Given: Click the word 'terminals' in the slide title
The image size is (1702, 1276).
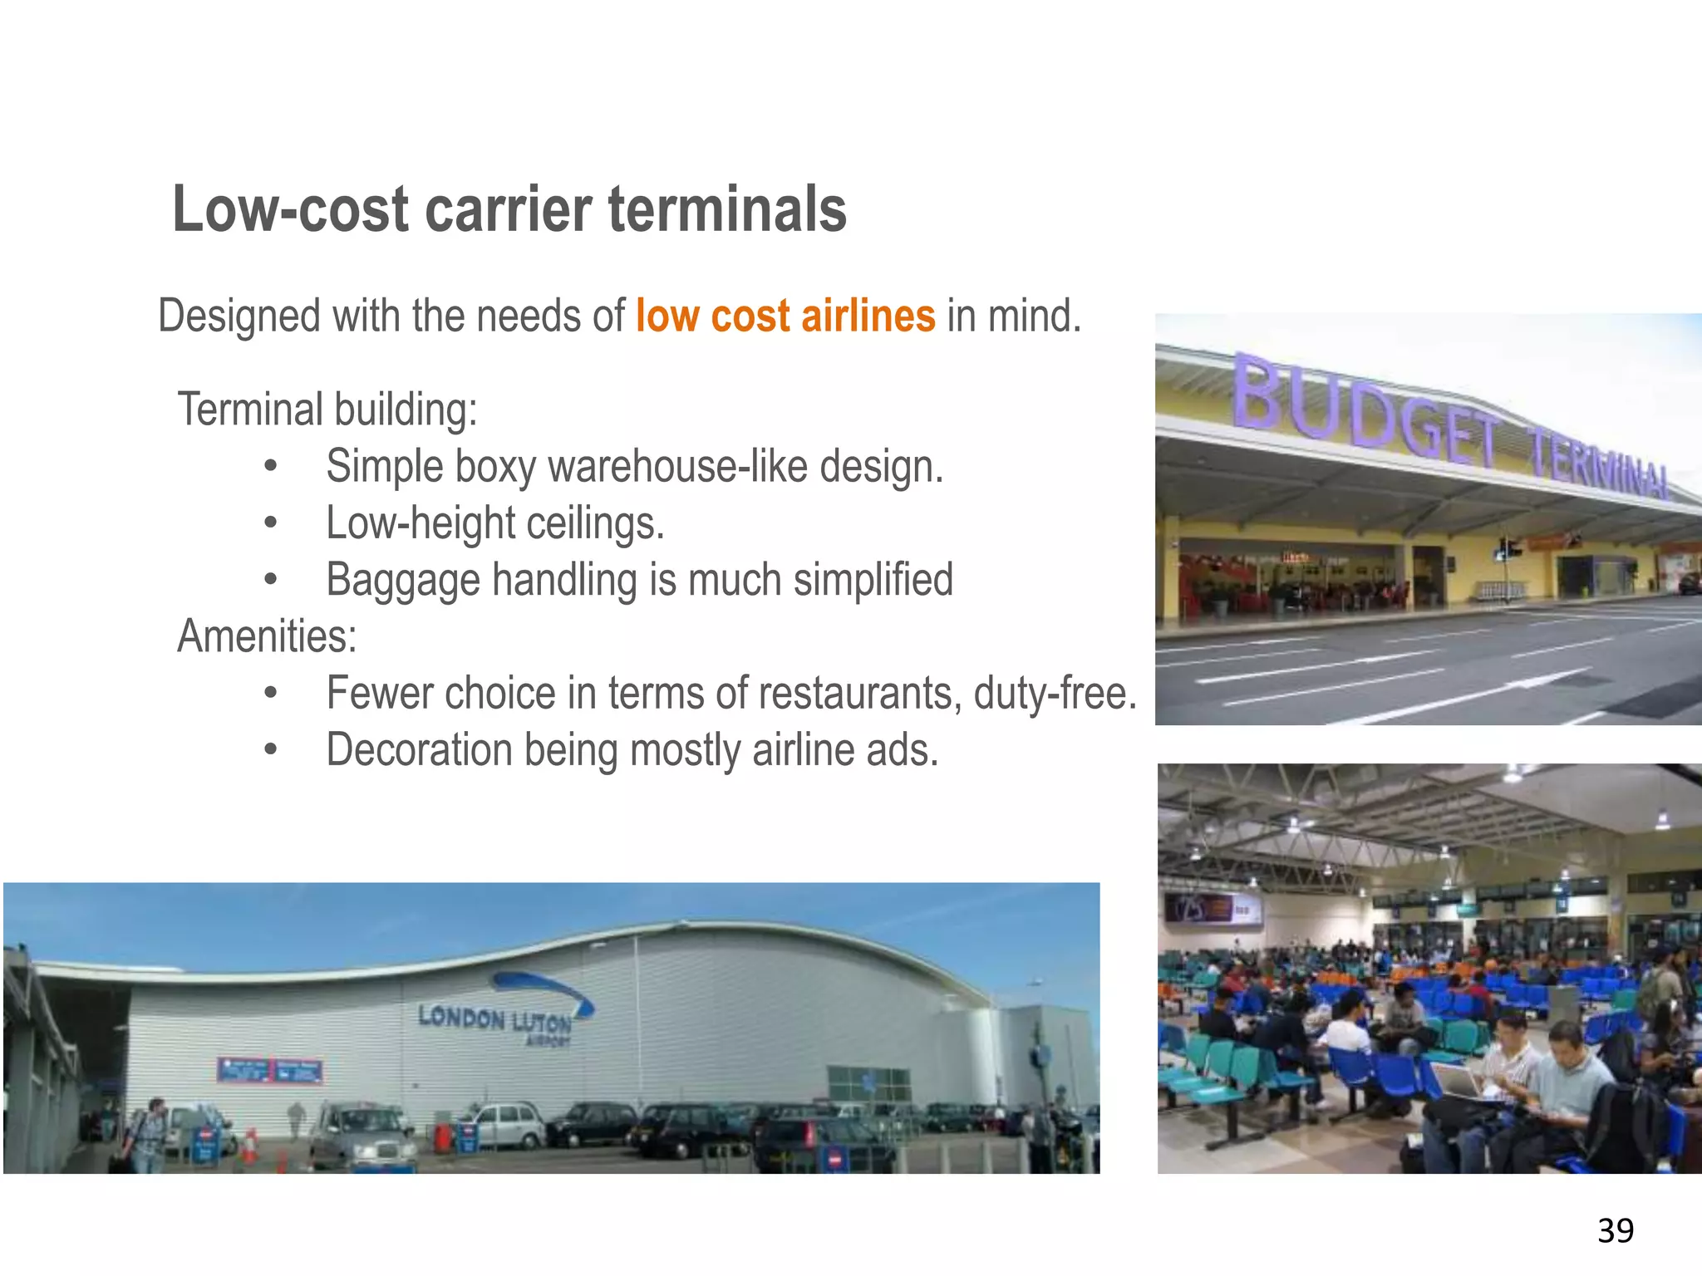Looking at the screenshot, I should [x=727, y=209].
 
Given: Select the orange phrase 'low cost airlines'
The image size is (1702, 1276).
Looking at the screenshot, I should [x=785, y=317].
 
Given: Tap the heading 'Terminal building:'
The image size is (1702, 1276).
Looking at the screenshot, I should [x=327, y=410].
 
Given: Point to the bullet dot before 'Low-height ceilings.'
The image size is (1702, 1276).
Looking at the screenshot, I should [x=270, y=523].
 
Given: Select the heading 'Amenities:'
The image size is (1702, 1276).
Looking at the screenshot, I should [x=267, y=636].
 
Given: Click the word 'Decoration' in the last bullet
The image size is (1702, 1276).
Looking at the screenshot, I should [x=419, y=750].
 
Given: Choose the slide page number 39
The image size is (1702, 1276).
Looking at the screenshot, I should [x=1615, y=1230].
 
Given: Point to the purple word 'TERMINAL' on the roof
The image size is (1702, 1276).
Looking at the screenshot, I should [x=1600, y=466].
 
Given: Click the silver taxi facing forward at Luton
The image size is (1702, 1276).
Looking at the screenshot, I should [x=362, y=1135].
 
